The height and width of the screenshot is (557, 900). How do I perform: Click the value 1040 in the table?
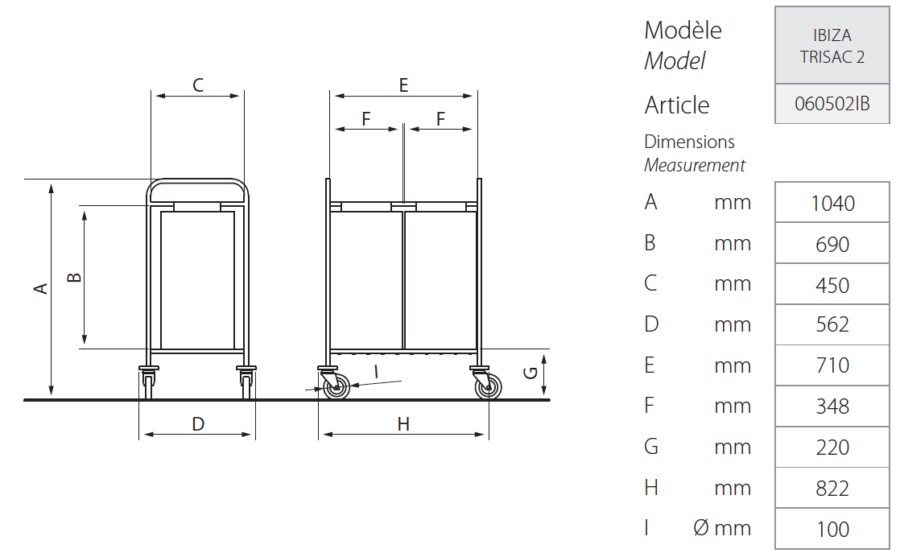click(x=832, y=203)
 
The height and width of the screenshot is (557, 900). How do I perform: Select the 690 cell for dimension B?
click(x=832, y=245)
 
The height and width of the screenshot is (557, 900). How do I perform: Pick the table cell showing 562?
click(x=832, y=324)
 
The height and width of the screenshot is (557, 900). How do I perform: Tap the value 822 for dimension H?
click(x=832, y=488)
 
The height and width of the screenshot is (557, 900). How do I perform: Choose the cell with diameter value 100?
click(x=832, y=529)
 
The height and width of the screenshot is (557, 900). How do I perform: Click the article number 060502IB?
click(x=832, y=104)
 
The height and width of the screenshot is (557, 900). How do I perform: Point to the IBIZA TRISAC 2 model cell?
click(x=832, y=46)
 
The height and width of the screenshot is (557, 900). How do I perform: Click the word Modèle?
click(x=683, y=31)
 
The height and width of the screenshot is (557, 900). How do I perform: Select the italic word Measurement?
click(x=695, y=165)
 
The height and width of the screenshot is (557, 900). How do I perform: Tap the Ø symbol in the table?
click(x=701, y=527)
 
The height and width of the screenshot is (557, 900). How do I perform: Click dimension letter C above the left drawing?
click(x=198, y=85)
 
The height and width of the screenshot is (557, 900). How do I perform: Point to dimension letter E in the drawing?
click(x=403, y=85)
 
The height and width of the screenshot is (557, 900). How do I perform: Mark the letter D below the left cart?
click(x=198, y=424)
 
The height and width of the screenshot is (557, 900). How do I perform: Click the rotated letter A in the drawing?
click(x=41, y=288)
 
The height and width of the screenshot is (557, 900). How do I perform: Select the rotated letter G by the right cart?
click(x=531, y=373)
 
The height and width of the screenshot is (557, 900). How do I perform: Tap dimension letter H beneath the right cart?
click(x=403, y=424)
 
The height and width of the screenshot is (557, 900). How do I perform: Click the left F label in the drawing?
click(x=366, y=119)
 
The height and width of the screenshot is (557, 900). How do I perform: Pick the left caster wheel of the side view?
click(x=336, y=387)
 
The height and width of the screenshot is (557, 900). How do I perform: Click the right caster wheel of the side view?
click(x=488, y=387)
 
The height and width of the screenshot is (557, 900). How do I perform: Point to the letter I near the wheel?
click(x=377, y=372)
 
